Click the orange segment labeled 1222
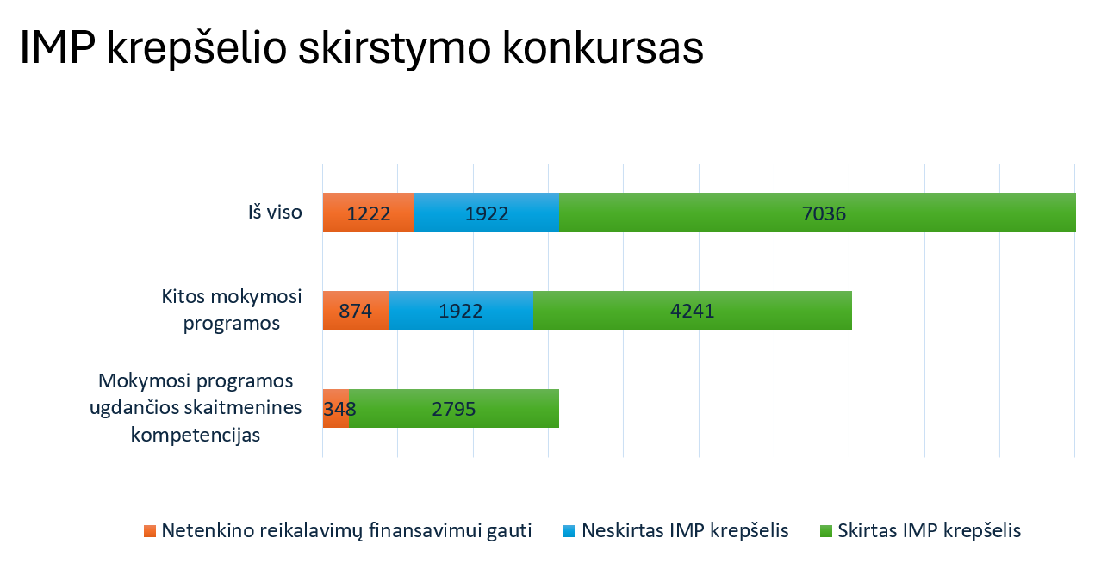pyautogui.click(x=369, y=213)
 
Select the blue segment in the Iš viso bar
pyautogui.click(x=487, y=213)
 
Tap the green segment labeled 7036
pyautogui.click(x=818, y=213)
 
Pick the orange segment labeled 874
pyautogui.click(x=355, y=311)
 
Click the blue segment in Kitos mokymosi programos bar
pyautogui.click(x=461, y=311)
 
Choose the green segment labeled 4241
pyautogui.click(x=693, y=311)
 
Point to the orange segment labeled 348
pyautogui.click(x=335, y=409)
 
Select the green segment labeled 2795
pyautogui.click(x=454, y=409)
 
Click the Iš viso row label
pyautogui.click(x=275, y=212)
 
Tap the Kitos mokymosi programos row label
pyautogui.click(x=232, y=310)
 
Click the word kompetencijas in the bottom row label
pyautogui.click(x=196, y=435)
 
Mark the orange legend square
pyautogui.click(x=151, y=531)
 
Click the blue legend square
pyautogui.click(x=569, y=531)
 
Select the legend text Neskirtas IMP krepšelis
pyautogui.click(x=685, y=530)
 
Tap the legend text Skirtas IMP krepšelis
pyautogui.click(x=929, y=530)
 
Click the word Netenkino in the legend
pyautogui.click(x=203, y=530)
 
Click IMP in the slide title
pyautogui.click(x=57, y=48)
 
